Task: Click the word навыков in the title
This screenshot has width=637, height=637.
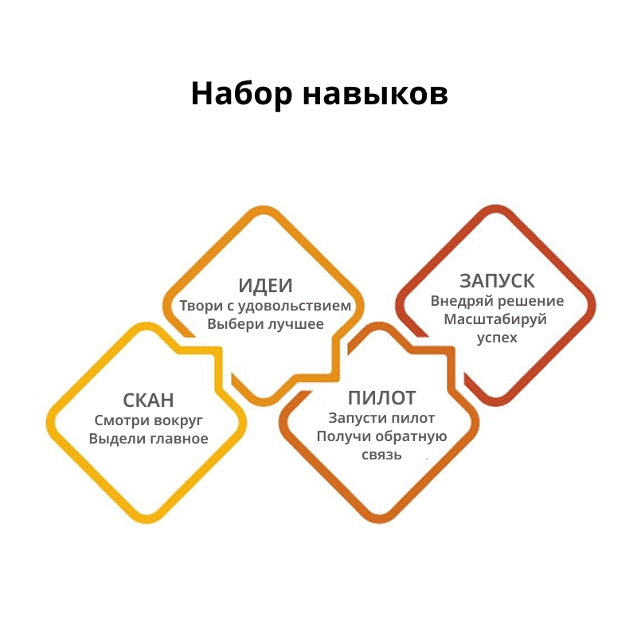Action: tap(373, 94)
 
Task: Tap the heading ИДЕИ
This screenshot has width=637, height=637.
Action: tap(265, 286)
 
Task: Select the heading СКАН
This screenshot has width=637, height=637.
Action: tap(149, 401)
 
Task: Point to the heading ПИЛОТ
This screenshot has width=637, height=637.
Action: tap(381, 397)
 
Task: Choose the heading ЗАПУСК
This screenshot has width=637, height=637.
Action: tap(497, 281)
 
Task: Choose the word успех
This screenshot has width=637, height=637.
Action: tap(497, 338)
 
